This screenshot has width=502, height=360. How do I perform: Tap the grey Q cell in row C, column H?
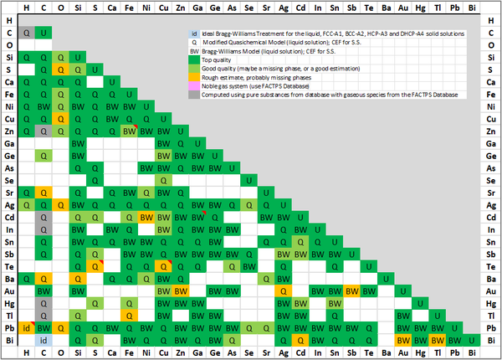point(27,33)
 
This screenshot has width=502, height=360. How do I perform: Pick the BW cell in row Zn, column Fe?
point(129,131)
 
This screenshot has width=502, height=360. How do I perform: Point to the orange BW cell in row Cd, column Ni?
point(146,217)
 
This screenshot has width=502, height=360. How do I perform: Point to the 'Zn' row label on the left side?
point(9,131)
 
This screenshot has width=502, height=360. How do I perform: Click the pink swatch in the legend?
point(193,86)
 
